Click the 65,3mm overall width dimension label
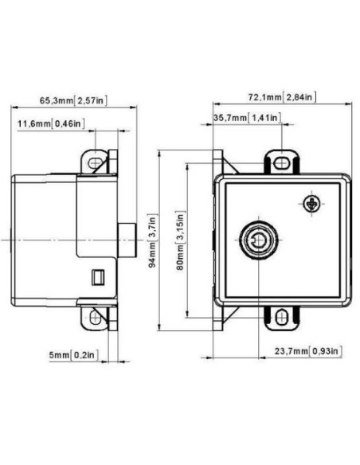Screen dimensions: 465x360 click(x=73, y=101)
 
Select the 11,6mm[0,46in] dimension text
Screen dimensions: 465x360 click(x=52, y=124)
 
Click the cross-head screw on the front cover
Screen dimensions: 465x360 click(x=311, y=203)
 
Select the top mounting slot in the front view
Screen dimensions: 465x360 click(x=280, y=164)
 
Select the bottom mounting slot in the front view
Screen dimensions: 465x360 click(x=280, y=316)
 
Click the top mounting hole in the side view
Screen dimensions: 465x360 click(x=96, y=163)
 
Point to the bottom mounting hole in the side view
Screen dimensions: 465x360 click(x=96, y=317)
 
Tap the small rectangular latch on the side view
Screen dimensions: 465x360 click(x=99, y=276)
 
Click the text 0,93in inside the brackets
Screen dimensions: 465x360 click(x=327, y=350)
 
